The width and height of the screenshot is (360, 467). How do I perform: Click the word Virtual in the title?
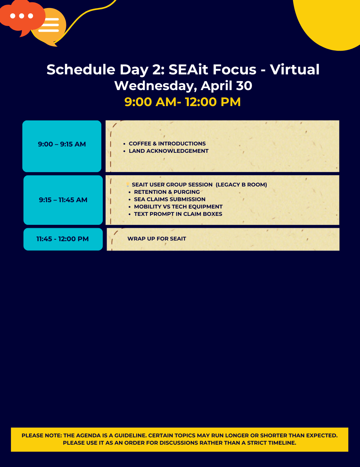pos(294,69)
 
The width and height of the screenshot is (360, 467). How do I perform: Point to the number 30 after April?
pos(244,86)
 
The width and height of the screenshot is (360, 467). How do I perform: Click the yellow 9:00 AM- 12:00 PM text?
pos(182,102)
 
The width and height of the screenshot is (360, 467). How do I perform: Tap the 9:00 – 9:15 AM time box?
pos(62,146)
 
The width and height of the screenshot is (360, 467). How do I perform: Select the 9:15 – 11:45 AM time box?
pos(63,200)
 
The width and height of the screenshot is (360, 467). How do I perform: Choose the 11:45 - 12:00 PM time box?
pos(63,239)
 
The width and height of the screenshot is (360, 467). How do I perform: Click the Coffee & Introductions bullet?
pos(167,143)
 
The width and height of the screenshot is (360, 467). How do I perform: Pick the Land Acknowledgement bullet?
pos(168,151)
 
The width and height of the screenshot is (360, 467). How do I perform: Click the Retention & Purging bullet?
pos(167,192)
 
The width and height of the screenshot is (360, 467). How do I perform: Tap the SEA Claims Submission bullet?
pos(170,199)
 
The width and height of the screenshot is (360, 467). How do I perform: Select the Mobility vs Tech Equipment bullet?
pos(178,206)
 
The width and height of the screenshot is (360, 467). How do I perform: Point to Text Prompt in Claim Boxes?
pos(178,214)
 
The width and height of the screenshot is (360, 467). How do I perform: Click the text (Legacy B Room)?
pos(241,184)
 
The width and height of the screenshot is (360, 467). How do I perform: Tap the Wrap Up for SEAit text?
pos(157,239)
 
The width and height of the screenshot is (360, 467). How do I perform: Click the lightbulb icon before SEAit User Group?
pos(128,184)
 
